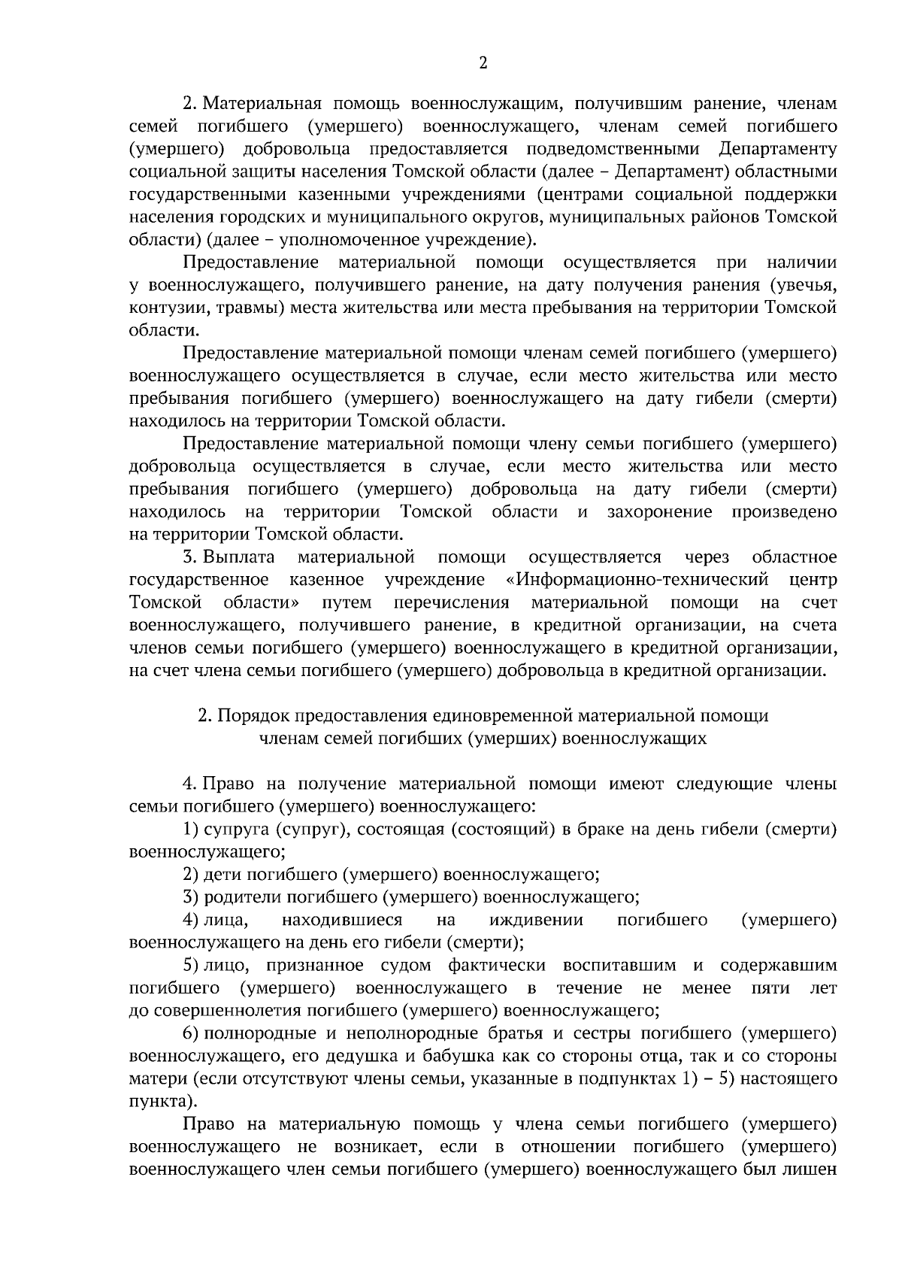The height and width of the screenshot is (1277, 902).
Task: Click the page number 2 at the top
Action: coord(483,64)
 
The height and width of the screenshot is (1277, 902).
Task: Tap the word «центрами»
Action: coord(570,195)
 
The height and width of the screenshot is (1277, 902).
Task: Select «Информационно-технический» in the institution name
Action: coord(638,580)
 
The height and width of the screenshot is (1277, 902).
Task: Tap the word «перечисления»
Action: coord(451,602)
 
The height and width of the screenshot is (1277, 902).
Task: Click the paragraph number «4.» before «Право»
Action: coord(190,784)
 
